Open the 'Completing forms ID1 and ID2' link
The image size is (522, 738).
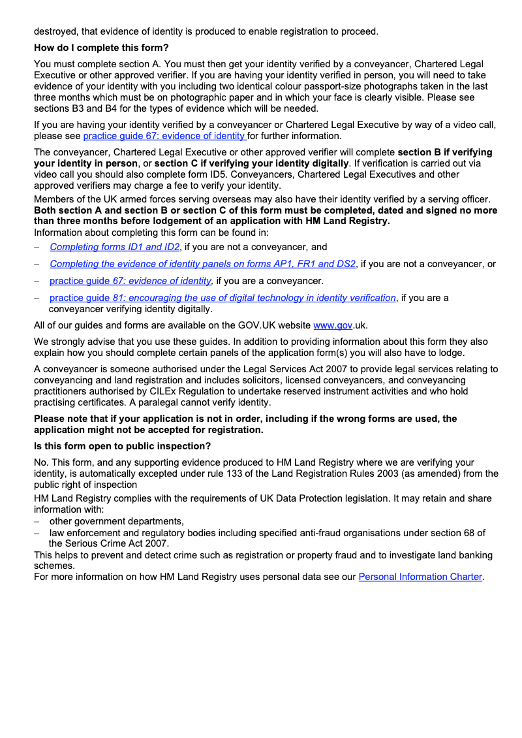click(114, 247)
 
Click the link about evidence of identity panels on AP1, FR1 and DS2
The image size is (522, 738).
click(202, 264)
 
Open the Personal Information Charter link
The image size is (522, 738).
click(421, 577)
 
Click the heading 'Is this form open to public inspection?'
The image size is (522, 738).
click(122, 446)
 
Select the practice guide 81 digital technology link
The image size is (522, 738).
click(223, 298)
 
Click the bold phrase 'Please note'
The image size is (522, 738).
click(60, 419)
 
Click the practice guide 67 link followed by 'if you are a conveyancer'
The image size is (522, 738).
click(130, 281)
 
